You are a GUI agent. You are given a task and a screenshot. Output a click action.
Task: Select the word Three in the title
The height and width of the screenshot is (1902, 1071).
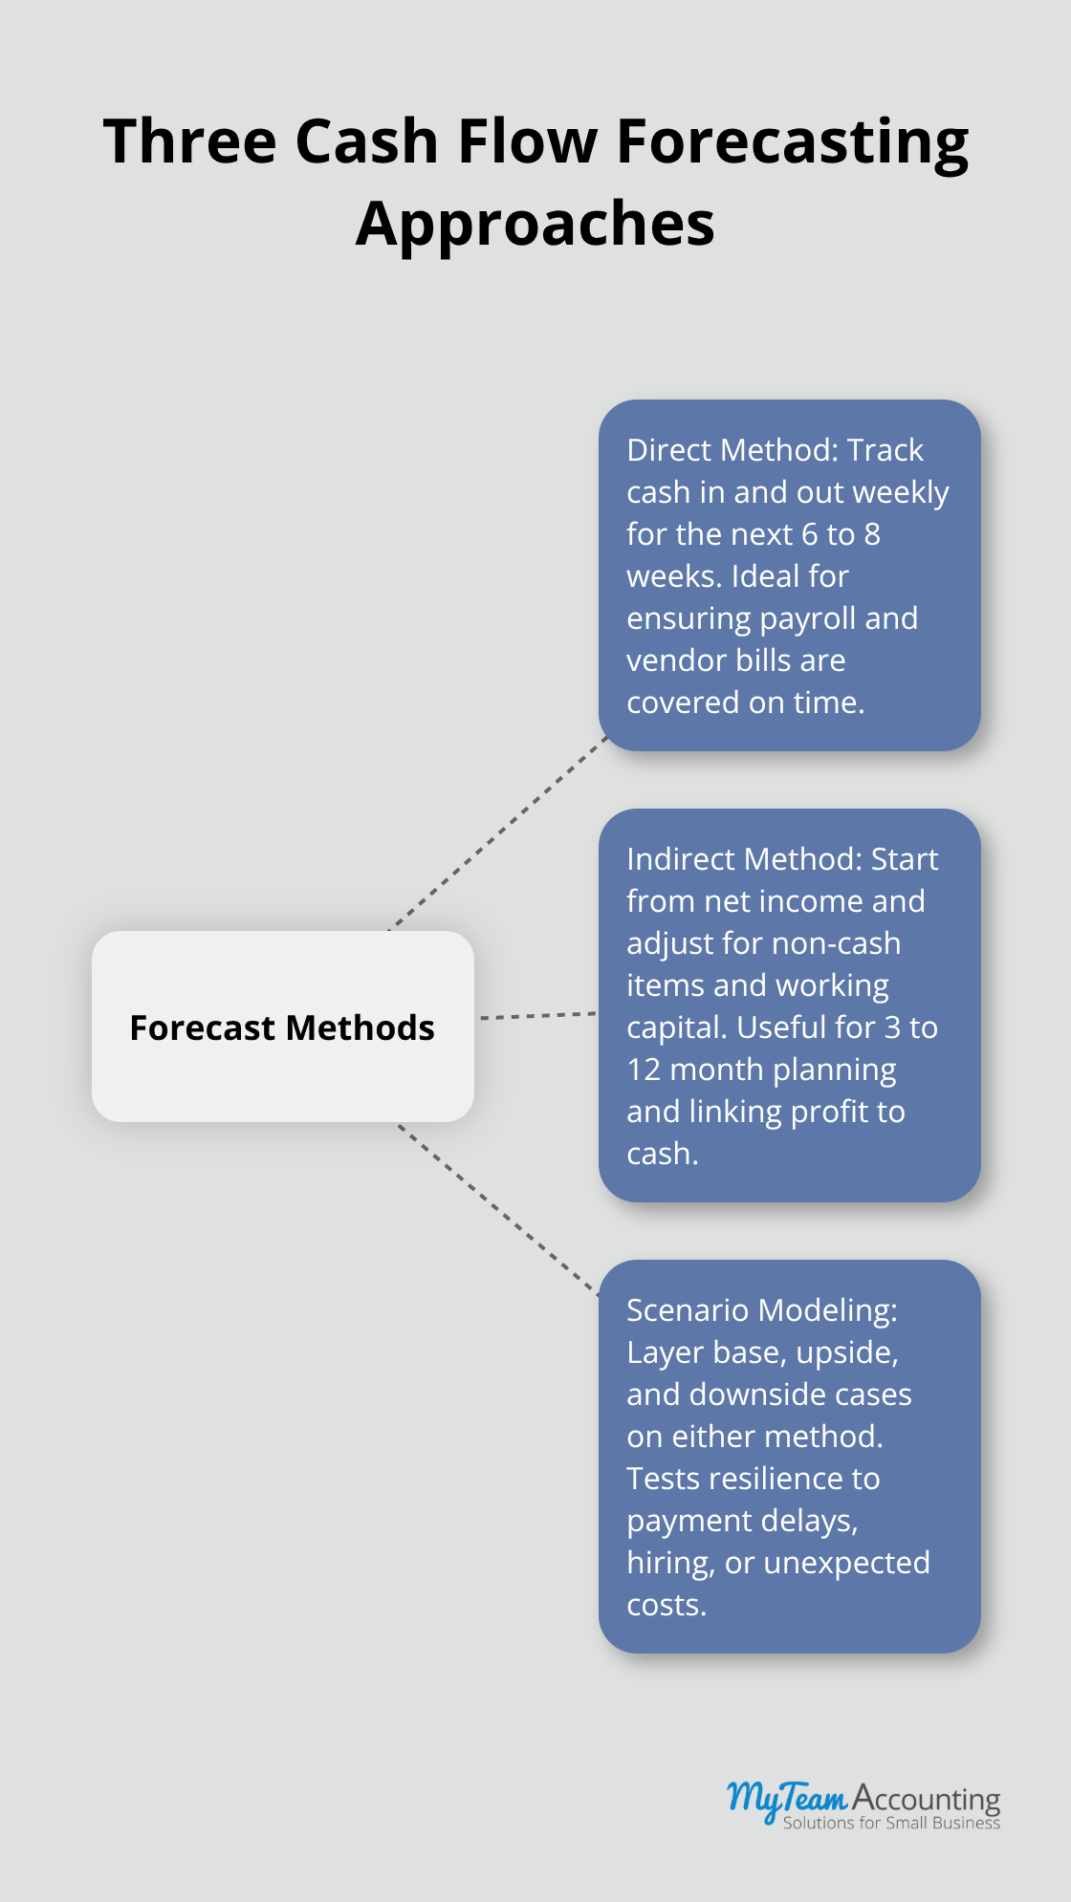[189, 141]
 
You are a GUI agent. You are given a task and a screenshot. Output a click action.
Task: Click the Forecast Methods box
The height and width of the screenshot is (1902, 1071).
[283, 1027]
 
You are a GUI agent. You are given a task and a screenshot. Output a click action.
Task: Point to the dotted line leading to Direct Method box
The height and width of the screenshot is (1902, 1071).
[498, 832]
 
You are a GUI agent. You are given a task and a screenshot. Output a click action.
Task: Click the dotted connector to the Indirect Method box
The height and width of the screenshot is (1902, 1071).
[537, 1016]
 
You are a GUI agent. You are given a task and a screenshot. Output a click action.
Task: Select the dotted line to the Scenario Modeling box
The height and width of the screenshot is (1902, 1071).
[498, 1210]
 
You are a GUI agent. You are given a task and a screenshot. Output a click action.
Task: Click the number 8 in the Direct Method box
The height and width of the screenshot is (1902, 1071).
[871, 534]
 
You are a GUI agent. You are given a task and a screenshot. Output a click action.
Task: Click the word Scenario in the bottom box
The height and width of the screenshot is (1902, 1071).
[687, 1310]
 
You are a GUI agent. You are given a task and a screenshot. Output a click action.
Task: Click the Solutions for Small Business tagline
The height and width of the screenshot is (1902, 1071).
[891, 1823]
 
